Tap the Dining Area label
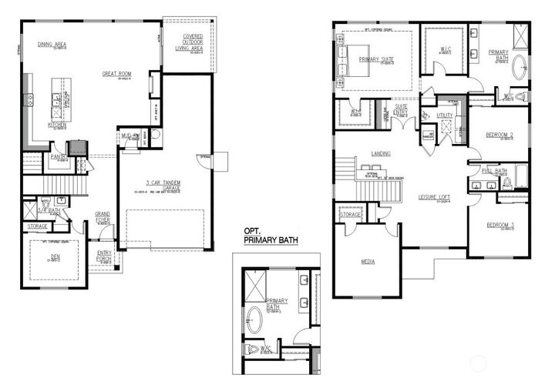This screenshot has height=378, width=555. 52,45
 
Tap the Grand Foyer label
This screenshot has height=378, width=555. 102,215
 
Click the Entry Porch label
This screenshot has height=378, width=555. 104,255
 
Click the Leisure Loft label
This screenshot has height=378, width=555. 434,197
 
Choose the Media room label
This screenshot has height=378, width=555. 368,262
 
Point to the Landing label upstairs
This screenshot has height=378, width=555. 380,153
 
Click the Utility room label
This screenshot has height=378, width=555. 445,115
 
